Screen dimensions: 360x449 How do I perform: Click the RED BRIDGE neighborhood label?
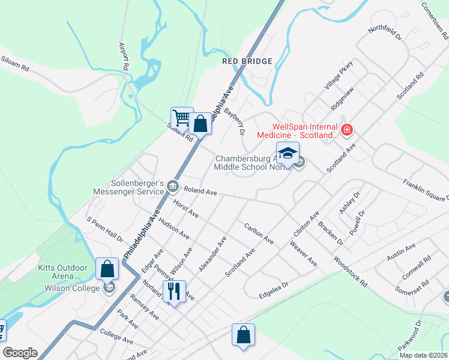(247, 61)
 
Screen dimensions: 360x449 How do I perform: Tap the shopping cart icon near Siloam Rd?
(181, 117)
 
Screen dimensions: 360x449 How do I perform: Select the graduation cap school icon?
(288, 152)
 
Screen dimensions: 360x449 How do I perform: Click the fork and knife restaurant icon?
(174, 292)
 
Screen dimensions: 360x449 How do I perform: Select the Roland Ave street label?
(200, 191)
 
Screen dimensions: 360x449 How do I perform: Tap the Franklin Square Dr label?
(426, 189)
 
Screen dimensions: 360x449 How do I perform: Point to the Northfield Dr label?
(385, 34)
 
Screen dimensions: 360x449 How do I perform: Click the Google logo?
(20, 353)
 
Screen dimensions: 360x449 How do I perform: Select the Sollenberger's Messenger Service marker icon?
(173, 185)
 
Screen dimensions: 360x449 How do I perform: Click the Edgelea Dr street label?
(274, 290)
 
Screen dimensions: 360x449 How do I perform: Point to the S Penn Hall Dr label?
(105, 230)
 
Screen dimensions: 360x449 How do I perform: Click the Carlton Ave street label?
(259, 234)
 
